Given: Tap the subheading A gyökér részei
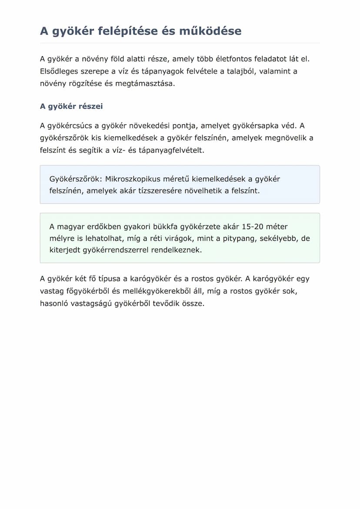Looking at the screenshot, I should coord(71,106).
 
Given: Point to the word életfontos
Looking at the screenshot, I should coord(219,59).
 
